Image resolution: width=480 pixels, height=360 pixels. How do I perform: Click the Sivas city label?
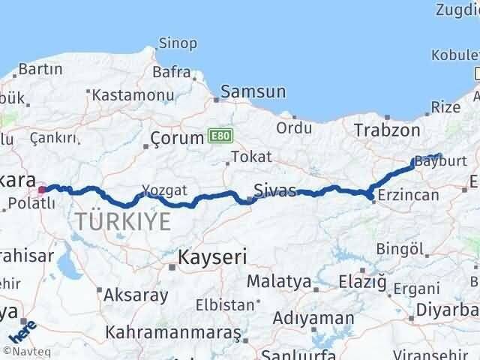[274, 189]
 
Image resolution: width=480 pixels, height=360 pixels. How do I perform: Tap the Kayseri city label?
[212, 257]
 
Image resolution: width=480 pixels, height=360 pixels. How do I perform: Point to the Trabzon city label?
[387, 130]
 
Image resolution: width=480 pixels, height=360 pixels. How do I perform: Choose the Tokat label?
[250, 157]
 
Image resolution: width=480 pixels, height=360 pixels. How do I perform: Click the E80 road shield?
[221, 136]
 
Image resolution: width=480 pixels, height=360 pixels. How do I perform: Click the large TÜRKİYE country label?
[122, 220]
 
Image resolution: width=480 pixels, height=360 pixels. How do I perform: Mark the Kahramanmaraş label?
[173, 331]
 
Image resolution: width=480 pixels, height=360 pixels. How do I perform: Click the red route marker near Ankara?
[43, 169]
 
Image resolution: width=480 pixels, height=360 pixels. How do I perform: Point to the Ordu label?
[294, 127]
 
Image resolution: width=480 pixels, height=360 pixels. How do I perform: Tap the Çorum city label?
[177, 138]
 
